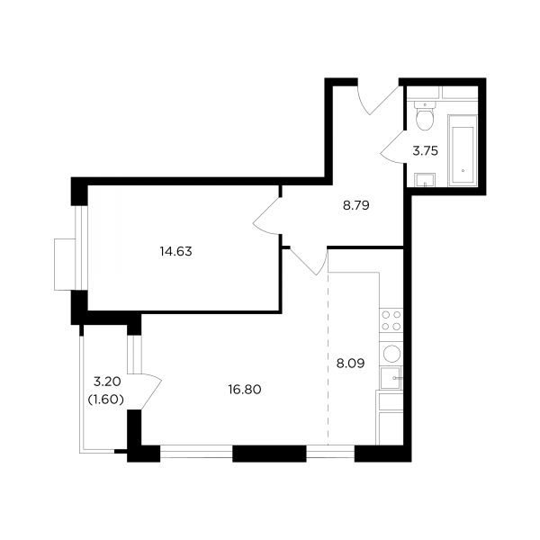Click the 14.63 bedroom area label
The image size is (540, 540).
(x=176, y=251)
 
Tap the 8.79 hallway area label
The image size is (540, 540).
(x=356, y=205)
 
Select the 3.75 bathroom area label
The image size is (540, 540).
(x=426, y=151)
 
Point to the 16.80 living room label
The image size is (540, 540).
(x=245, y=390)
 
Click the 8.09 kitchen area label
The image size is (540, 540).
(x=350, y=364)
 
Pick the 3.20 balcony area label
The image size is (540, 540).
(x=107, y=382)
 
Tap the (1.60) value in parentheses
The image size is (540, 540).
(x=106, y=400)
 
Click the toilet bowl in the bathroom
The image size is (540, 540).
(x=425, y=116)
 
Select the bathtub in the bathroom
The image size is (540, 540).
(x=463, y=150)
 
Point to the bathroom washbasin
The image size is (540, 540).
(x=426, y=180)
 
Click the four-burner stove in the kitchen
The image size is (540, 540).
(x=391, y=320)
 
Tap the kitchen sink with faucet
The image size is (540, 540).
(x=391, y=378)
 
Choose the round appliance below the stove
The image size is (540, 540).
(x=391, y=354)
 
